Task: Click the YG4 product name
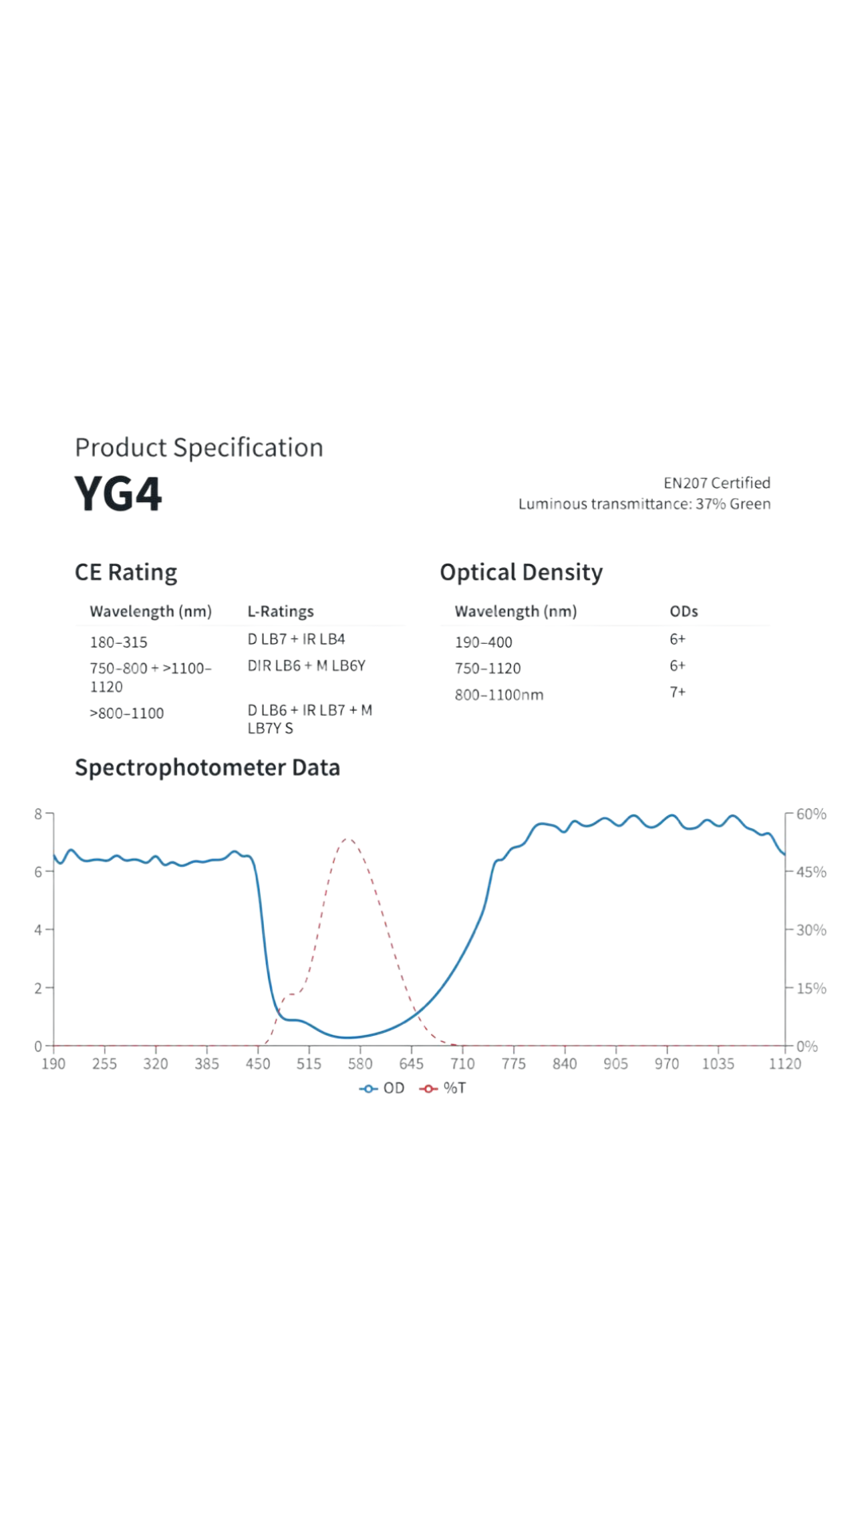(118, 494)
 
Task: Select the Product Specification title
(199, 448)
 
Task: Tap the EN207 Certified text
(717, 483)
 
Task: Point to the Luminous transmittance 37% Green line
(644, 504)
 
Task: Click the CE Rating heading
(126, 572)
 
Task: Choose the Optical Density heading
(521, 572)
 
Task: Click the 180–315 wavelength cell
(119, 642)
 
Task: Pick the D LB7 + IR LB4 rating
(296, 639)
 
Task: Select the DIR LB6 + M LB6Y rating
(306, 665)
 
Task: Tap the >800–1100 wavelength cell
(127, 713)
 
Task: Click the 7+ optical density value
(678, 692)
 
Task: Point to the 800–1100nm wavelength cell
(499, 695)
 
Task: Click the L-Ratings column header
(281, 611)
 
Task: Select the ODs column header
(684, 611)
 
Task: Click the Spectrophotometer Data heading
(207, 767)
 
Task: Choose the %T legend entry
(443, 1089)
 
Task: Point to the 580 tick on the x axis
(360, 1064)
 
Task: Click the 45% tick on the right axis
(811, 872)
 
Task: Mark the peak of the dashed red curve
(348, 839)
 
